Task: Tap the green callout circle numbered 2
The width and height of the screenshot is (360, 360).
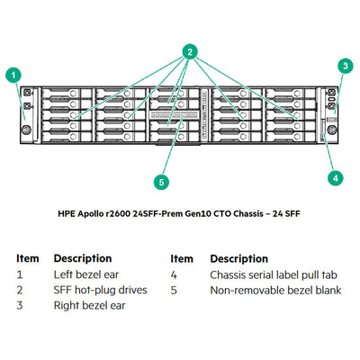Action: (x=191, y=52)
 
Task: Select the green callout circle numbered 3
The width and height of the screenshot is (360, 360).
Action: (x=345, y=66)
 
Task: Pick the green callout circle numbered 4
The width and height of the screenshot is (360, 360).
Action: (x=335, y=178)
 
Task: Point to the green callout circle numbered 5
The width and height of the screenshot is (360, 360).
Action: (x=161, y=182)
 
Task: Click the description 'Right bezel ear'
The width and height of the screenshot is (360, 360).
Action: (x=88, y=305)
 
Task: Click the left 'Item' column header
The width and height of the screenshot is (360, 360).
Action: (x=28, y=258)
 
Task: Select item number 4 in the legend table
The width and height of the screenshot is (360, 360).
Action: (x=175, y=274)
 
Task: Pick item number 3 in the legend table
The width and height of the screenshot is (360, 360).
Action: (x=21, y=305)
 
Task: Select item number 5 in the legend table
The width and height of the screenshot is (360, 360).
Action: (x=175, y=290)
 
